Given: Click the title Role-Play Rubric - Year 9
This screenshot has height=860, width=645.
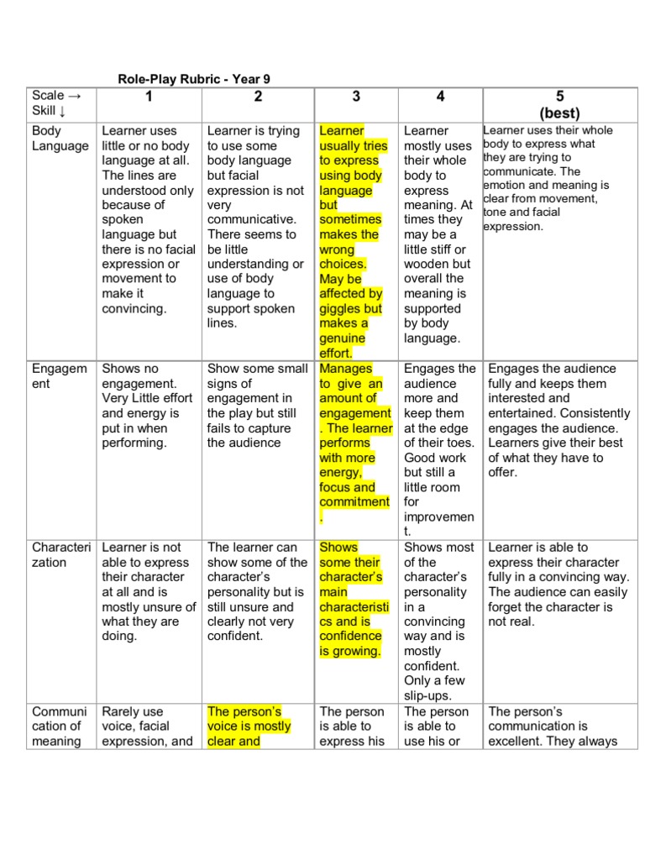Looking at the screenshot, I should point(193,79).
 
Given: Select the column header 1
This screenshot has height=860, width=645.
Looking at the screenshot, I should point(149,97).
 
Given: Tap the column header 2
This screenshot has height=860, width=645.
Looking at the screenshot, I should point(258,97).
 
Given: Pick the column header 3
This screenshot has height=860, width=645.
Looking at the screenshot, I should point(356,97).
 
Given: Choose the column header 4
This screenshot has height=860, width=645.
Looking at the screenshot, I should point(440,97).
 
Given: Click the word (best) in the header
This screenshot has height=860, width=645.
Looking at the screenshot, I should point(560,113).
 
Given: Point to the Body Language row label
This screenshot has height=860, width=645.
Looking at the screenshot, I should point(60,139).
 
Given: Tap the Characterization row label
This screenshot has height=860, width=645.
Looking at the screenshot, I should point(60,554).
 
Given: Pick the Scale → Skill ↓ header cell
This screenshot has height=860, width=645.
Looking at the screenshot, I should point(58,103).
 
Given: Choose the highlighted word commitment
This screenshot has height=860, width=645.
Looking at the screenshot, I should point(354,502).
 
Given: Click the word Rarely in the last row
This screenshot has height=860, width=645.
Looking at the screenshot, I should point(123,711).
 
